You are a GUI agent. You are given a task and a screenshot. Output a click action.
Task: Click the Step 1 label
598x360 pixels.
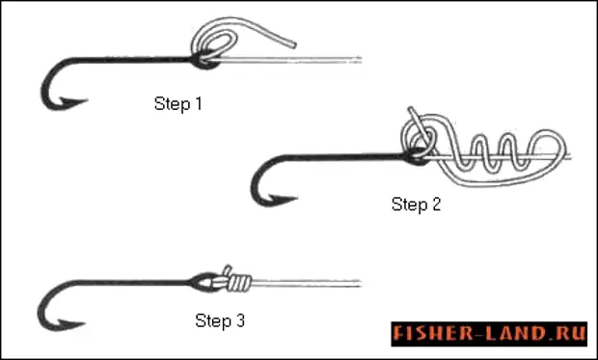click(177, 104)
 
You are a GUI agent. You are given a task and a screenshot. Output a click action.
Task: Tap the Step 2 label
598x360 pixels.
click(416, 205)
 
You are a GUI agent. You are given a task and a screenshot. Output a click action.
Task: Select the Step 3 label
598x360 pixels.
click(220, 320)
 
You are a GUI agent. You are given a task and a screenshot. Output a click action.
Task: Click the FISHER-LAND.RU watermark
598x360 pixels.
click(489, 334)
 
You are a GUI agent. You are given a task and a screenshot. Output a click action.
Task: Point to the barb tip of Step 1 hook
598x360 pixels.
click(88, 101)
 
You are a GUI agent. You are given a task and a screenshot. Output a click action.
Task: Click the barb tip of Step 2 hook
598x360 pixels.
click(297, 198)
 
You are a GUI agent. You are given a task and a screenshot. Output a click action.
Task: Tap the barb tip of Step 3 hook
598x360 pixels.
click(85, 324)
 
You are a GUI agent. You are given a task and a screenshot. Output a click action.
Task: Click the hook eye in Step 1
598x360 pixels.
click(205, 60)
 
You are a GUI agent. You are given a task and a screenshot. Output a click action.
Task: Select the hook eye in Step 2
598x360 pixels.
click(417, 156)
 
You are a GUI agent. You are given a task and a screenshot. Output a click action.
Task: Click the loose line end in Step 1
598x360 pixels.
click(294, 45)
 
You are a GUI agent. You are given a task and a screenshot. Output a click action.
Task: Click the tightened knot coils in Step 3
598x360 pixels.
click(240, 283)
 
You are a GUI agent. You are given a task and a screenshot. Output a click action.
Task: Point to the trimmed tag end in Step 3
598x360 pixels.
click(228, 270)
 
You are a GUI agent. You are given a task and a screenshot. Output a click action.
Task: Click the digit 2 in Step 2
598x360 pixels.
click(436, 205)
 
